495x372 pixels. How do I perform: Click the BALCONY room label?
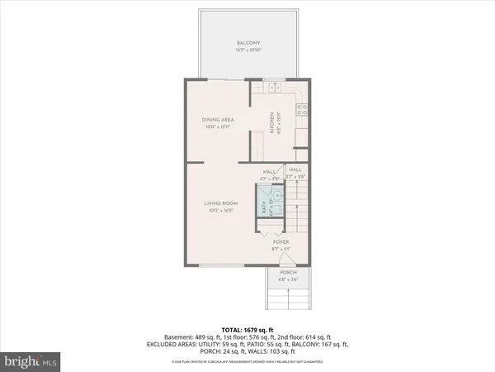[x=247, y=44]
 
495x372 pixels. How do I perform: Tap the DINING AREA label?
[x=219, y=120]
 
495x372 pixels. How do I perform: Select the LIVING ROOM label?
[x=221, y=203]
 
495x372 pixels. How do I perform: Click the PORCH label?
[x=288, y=273]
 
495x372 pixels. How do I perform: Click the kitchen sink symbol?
[x=274, y=86]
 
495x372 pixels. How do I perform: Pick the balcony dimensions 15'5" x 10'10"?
[x=247, y=50]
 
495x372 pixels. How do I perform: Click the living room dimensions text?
[x=221, y=209]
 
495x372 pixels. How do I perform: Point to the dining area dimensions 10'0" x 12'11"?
[x=219, y=126]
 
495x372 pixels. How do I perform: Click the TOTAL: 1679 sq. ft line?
[x=247, y=331]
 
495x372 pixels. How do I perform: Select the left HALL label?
[x=268, y=170]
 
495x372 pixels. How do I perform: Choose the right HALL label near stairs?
[x=295, y=170]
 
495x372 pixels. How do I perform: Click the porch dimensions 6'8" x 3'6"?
[x=288, y=279]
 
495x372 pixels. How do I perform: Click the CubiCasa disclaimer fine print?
[x=247, y=362]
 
